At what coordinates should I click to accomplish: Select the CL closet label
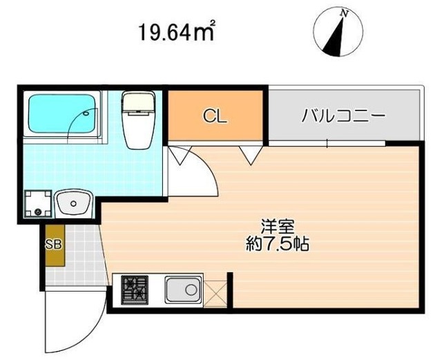214,116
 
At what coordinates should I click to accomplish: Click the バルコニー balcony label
343,116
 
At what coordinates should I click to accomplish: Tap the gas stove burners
135,290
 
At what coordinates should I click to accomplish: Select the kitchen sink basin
182,290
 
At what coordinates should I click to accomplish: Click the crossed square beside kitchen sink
215,290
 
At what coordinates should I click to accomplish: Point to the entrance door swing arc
69,325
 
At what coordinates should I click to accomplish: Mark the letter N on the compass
342,13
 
